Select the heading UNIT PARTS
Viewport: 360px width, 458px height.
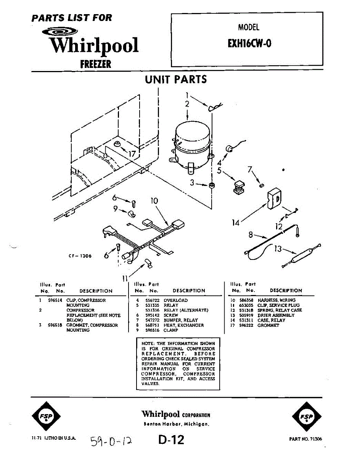[176, 79]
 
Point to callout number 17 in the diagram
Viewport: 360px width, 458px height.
[132, 154]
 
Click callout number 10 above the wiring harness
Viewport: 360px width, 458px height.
[154, 201]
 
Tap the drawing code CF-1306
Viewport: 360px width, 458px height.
[80, 256]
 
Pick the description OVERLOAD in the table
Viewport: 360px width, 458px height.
[175, 301]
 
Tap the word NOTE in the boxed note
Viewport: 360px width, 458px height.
[148, 344]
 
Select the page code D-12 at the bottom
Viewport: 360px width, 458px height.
[171, 440]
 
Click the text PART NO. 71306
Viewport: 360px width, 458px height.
[305, 439]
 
